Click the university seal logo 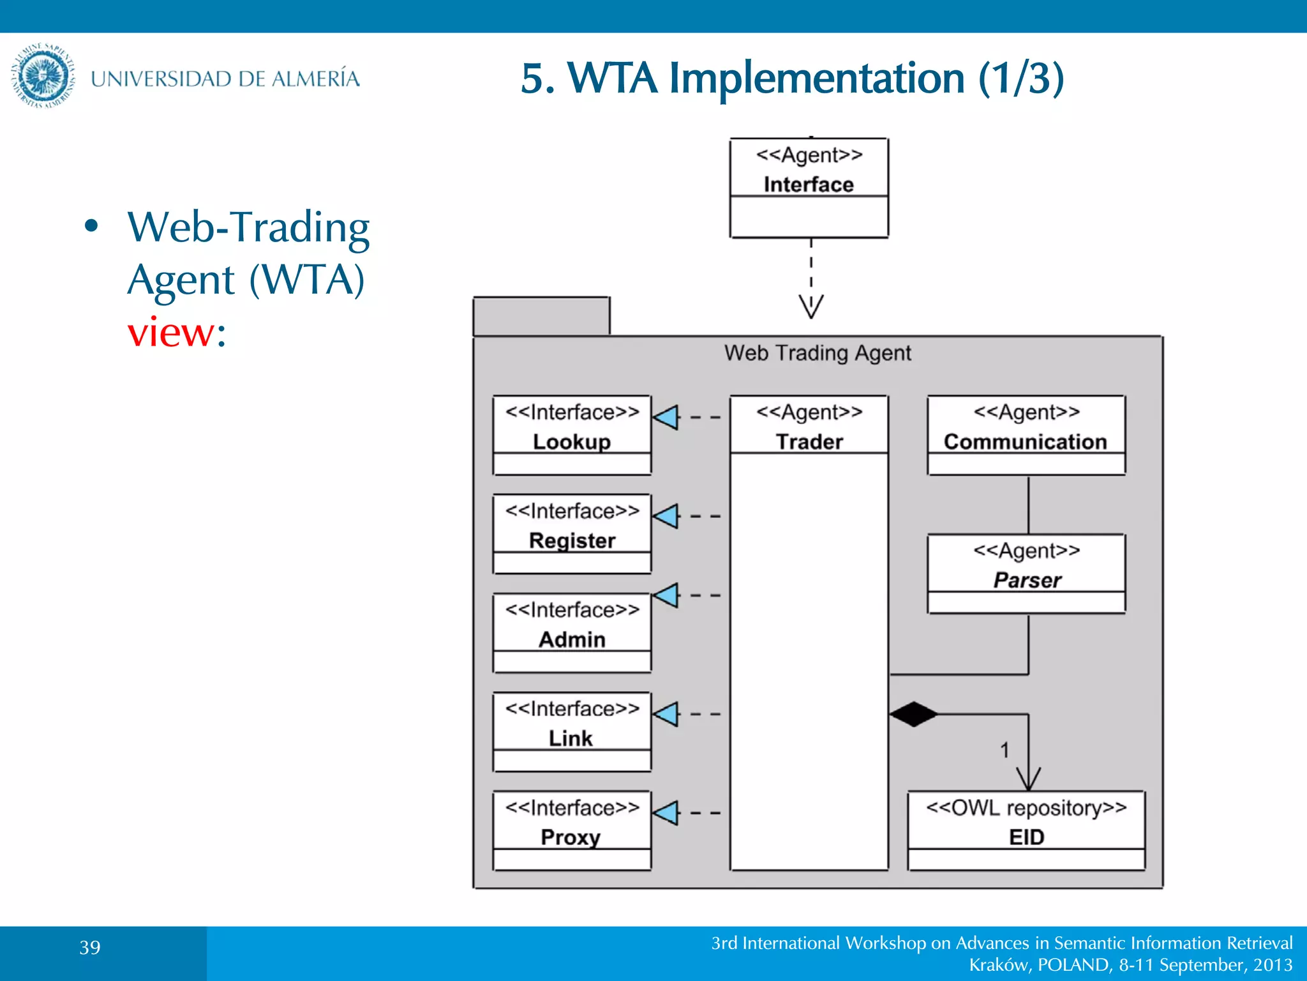tap(43, 76)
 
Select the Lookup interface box tap(572, 434)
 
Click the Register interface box tap(572, 533)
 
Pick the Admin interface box tap(572, 632)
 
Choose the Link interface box tap(572, 731)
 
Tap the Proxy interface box tap(572, 830)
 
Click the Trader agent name tap(809, 442)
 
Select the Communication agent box tap(1026, 434)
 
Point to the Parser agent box tap(1026, 573)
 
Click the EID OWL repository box tap(1026, 830)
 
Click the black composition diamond tap(913, 714)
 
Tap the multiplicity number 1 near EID tap(1005, 750)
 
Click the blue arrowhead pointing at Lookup tap(666, 417)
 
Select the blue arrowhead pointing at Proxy tap(666, 813)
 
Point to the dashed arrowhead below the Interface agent tap(811, 306)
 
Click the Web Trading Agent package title tap(818, 353)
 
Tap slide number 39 tap(90, 947)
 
